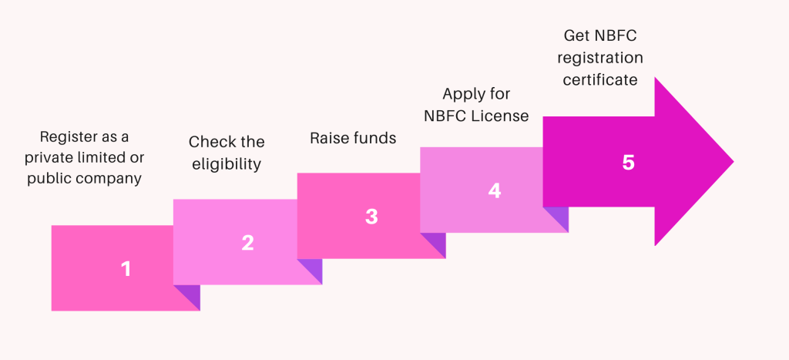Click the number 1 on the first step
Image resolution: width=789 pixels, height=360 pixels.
126,268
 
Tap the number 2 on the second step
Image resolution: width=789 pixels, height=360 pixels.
247,243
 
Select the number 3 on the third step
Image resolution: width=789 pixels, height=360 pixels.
371,217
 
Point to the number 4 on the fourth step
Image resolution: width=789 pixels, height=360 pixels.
495,190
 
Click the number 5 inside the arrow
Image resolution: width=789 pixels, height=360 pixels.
628,163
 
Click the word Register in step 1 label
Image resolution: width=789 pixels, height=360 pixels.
64,137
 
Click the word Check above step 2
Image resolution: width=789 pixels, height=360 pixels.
207,142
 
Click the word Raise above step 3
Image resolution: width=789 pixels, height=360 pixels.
324,138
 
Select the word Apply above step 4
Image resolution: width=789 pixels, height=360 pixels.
463,95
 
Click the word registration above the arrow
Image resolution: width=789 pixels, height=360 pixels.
599,59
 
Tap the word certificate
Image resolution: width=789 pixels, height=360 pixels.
599,80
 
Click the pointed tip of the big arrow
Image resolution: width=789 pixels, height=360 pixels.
734,162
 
